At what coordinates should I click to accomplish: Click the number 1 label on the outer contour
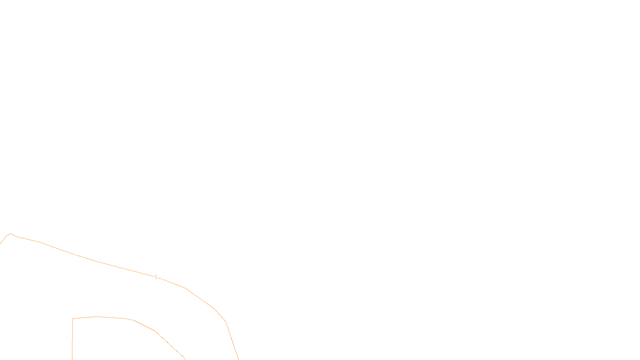point(156,277)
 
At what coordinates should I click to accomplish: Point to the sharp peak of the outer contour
point(10,234)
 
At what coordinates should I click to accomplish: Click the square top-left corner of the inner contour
point(73,319)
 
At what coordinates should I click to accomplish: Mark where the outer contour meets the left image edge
point(0,243)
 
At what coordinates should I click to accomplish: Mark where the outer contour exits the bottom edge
point(238,359)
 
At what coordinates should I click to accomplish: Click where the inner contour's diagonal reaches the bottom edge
point(185,359)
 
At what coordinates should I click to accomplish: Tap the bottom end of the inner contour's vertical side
point(72,359)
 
